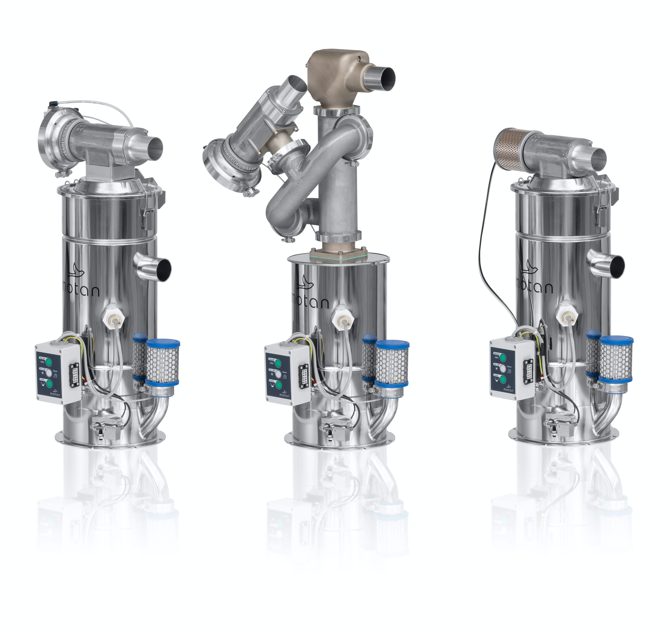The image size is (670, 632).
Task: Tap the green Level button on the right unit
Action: pyautogui.click(x=503, y=379)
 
